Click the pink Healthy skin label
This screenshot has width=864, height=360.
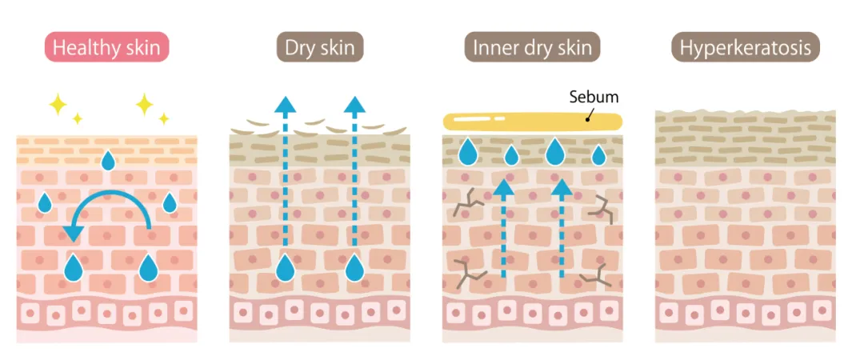coord(106,47)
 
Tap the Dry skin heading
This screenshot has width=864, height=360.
coord(320,47)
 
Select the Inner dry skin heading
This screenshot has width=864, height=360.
coord(532,47)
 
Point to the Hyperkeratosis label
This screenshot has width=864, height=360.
coord(745,47)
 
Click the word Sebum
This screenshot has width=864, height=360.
coord(594,98)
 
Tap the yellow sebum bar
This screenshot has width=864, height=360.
coord(532,120)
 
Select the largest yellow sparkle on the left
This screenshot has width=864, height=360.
coord(58,104)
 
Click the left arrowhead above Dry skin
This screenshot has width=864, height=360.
coord(285,104)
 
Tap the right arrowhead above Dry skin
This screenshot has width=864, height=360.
coord(354,104)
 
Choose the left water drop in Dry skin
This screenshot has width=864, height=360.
coord(286,268)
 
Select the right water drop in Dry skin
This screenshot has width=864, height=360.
coord(355,268)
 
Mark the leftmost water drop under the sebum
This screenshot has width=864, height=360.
coord(468,151)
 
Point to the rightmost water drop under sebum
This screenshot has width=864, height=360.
coord(599,156)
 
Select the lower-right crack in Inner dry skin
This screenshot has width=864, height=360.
coord(597,276)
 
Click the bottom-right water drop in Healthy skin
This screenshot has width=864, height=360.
coord(148,267)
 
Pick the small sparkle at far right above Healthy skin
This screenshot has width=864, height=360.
coord(164,118)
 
